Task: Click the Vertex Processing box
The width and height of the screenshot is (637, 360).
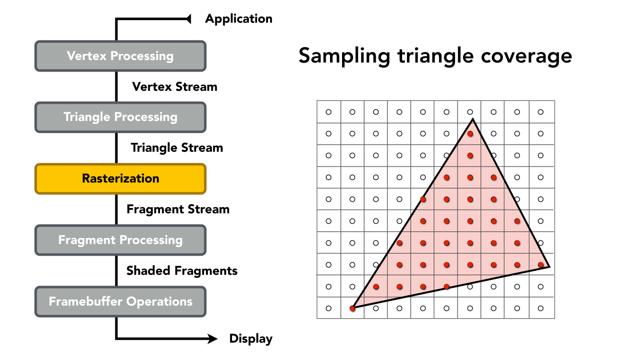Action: point(120,56)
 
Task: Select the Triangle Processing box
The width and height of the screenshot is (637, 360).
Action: point(120,117)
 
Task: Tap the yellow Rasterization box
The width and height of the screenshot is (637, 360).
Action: point(120,179)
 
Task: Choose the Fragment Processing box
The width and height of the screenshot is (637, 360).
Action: point(120,240)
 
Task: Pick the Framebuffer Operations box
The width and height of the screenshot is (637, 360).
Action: point(120,302)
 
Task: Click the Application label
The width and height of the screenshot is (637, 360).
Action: point(239,19)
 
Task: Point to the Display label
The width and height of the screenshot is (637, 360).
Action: point(251,339)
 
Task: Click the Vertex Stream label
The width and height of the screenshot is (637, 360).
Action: point(174,87)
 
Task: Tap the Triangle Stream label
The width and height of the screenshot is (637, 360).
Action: point(177,148)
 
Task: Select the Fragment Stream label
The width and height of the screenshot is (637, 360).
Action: point(178,210)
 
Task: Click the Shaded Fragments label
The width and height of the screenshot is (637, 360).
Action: point(182,271)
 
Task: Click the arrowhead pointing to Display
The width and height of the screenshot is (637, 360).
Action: point(212,339)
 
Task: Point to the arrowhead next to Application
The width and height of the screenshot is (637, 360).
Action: point(188,19)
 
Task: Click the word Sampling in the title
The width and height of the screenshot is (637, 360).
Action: point(344,56)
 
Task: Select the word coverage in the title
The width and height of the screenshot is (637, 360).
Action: point(527,56)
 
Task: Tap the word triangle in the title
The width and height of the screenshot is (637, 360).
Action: point(436,56)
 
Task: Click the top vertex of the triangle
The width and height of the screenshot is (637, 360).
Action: point(473,119)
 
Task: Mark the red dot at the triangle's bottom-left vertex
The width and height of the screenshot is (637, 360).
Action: point(352,309)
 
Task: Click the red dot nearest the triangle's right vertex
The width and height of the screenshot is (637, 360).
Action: point(541,265)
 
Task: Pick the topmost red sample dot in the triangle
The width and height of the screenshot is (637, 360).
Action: point(470,134)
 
